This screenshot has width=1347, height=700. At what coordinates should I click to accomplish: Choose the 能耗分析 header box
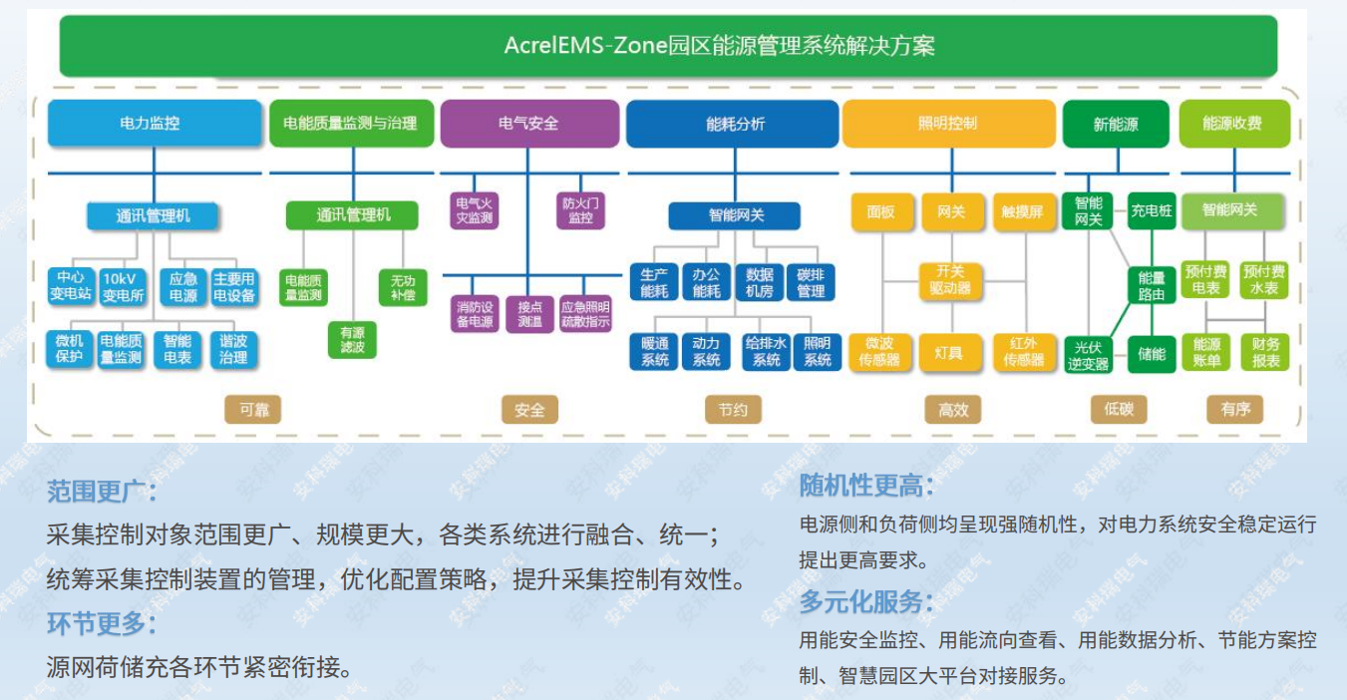(x=733, y=124)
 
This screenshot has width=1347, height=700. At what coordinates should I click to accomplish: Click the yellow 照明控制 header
(x=948, y=124)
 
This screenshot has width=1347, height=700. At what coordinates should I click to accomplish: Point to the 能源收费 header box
(x=1233, y=124)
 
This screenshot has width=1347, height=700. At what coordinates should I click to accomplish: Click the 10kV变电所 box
(x=124, y=285)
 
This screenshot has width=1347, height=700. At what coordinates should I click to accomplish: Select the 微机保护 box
(x=70, y=349)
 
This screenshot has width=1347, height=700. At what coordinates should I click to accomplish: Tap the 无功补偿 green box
(x=403, y=287)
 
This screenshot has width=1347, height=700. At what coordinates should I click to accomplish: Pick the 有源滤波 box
(x=353, y=339)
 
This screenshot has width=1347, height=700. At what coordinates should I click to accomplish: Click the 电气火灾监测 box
(x=474, y=210)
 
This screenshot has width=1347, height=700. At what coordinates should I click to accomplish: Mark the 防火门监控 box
(x=580, y=210)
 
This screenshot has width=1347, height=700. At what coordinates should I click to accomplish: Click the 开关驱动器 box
(x=950, y=280)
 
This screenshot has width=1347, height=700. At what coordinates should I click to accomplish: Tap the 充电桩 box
(x=1152, y=210)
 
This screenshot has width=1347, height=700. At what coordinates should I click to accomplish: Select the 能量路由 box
(x=1152, y=286)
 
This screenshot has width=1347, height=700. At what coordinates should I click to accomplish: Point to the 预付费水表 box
(x=1264, y=280)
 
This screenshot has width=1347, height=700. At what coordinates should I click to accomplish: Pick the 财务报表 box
(x=1264, y=352)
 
